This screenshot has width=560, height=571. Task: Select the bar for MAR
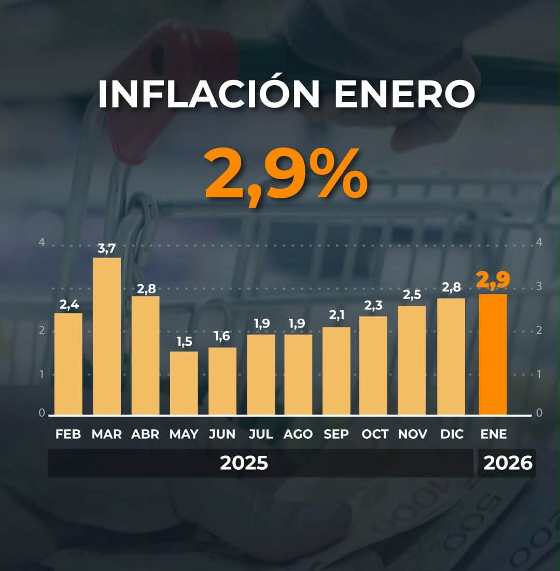coord(107,336)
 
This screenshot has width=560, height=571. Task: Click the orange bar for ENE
coord(493,355)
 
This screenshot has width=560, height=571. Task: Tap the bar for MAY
coord(184,383)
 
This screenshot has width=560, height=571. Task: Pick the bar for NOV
coord(412,360)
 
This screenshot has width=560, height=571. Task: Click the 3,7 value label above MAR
coord(107,249)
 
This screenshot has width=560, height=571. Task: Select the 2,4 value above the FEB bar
coord(68,304)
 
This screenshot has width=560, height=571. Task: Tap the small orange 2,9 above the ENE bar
coord(493,280)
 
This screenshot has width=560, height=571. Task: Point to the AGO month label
coord(298,434)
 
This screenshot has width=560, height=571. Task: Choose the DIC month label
coord(452,434)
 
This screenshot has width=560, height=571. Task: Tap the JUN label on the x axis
coord(222,434)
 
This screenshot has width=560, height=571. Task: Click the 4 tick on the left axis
coord(42,242)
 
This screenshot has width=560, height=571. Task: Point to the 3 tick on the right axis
coord(539,286)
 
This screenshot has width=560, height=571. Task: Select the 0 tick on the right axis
coord(539,413)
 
